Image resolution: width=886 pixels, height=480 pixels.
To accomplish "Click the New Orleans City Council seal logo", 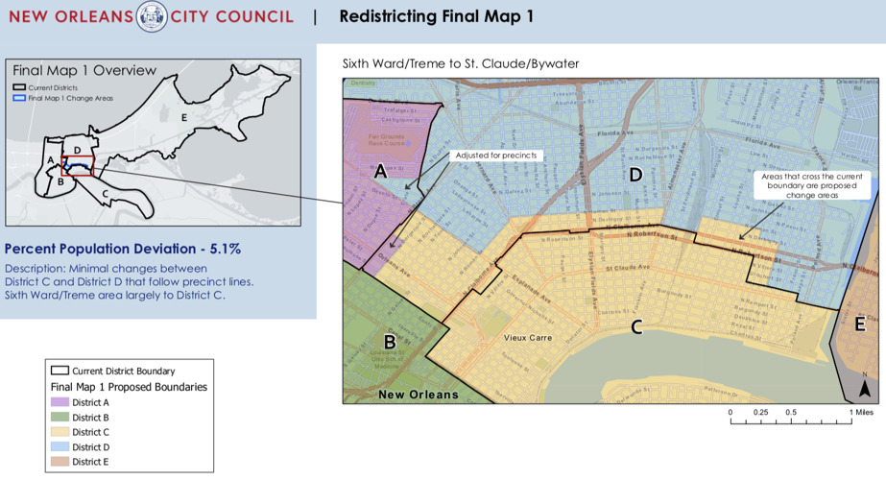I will [152, 16].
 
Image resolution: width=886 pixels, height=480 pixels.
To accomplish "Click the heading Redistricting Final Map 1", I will [436, 16].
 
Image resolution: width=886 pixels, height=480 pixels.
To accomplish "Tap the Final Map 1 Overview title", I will [84, 70].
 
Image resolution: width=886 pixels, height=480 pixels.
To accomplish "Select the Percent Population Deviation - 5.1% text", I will [123, 249].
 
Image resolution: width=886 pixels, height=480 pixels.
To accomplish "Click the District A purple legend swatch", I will [60, 403].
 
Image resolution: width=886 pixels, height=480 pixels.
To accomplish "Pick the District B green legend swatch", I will [60, 418].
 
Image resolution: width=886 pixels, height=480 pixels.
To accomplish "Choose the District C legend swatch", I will [60, 433].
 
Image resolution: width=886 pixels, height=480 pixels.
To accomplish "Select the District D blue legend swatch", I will [60, 447].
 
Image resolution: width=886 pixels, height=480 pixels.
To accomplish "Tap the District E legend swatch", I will [60, 463].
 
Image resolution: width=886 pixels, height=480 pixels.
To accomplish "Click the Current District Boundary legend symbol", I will [60, 371].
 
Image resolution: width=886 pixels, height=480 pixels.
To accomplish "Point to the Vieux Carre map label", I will [528, 338].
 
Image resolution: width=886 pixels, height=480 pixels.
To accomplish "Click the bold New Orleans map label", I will [419, 395].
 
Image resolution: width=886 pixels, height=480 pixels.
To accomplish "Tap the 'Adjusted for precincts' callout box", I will [496, 156].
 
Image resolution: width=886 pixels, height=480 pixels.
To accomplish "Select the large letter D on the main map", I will [635, 174].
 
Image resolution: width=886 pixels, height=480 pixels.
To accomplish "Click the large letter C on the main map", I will [635, 327].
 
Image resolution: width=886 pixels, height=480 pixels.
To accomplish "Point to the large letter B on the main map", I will [390, 341].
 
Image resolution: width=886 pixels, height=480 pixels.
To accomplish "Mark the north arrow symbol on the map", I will [864, 388].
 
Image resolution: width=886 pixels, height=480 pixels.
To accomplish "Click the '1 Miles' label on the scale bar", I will [862, 413].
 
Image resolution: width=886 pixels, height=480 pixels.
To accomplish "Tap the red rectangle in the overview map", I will [78, 165].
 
